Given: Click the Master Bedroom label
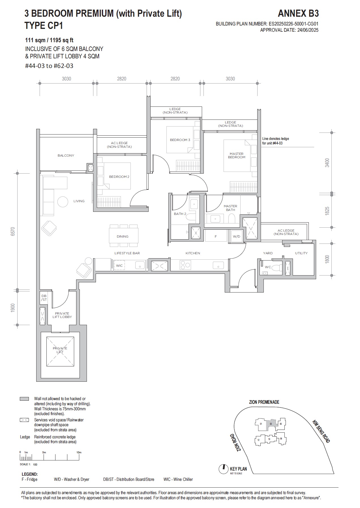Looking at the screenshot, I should click(x=237, y=155).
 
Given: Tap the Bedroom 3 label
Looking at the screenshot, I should click(x=180, y=140).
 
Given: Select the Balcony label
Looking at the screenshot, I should click(x=66, y=155).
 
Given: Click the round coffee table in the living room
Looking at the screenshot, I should click(x=63, y=202).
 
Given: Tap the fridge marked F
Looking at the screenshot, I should click(x=216, y=236).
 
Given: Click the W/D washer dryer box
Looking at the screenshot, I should click(x=236, y=236).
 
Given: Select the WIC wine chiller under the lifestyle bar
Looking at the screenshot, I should click(x=119, y=266).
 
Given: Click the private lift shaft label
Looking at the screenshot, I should click(x=60, y=350).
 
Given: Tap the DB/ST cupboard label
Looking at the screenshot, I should click(x=44, y=298).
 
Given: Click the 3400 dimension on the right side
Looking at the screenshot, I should click(x=327, y=163).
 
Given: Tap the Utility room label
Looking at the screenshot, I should click(x=301, y=253).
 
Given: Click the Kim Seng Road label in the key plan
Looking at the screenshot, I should click(x=321, y=431).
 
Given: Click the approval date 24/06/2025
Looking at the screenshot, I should click(x=307, y=30).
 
